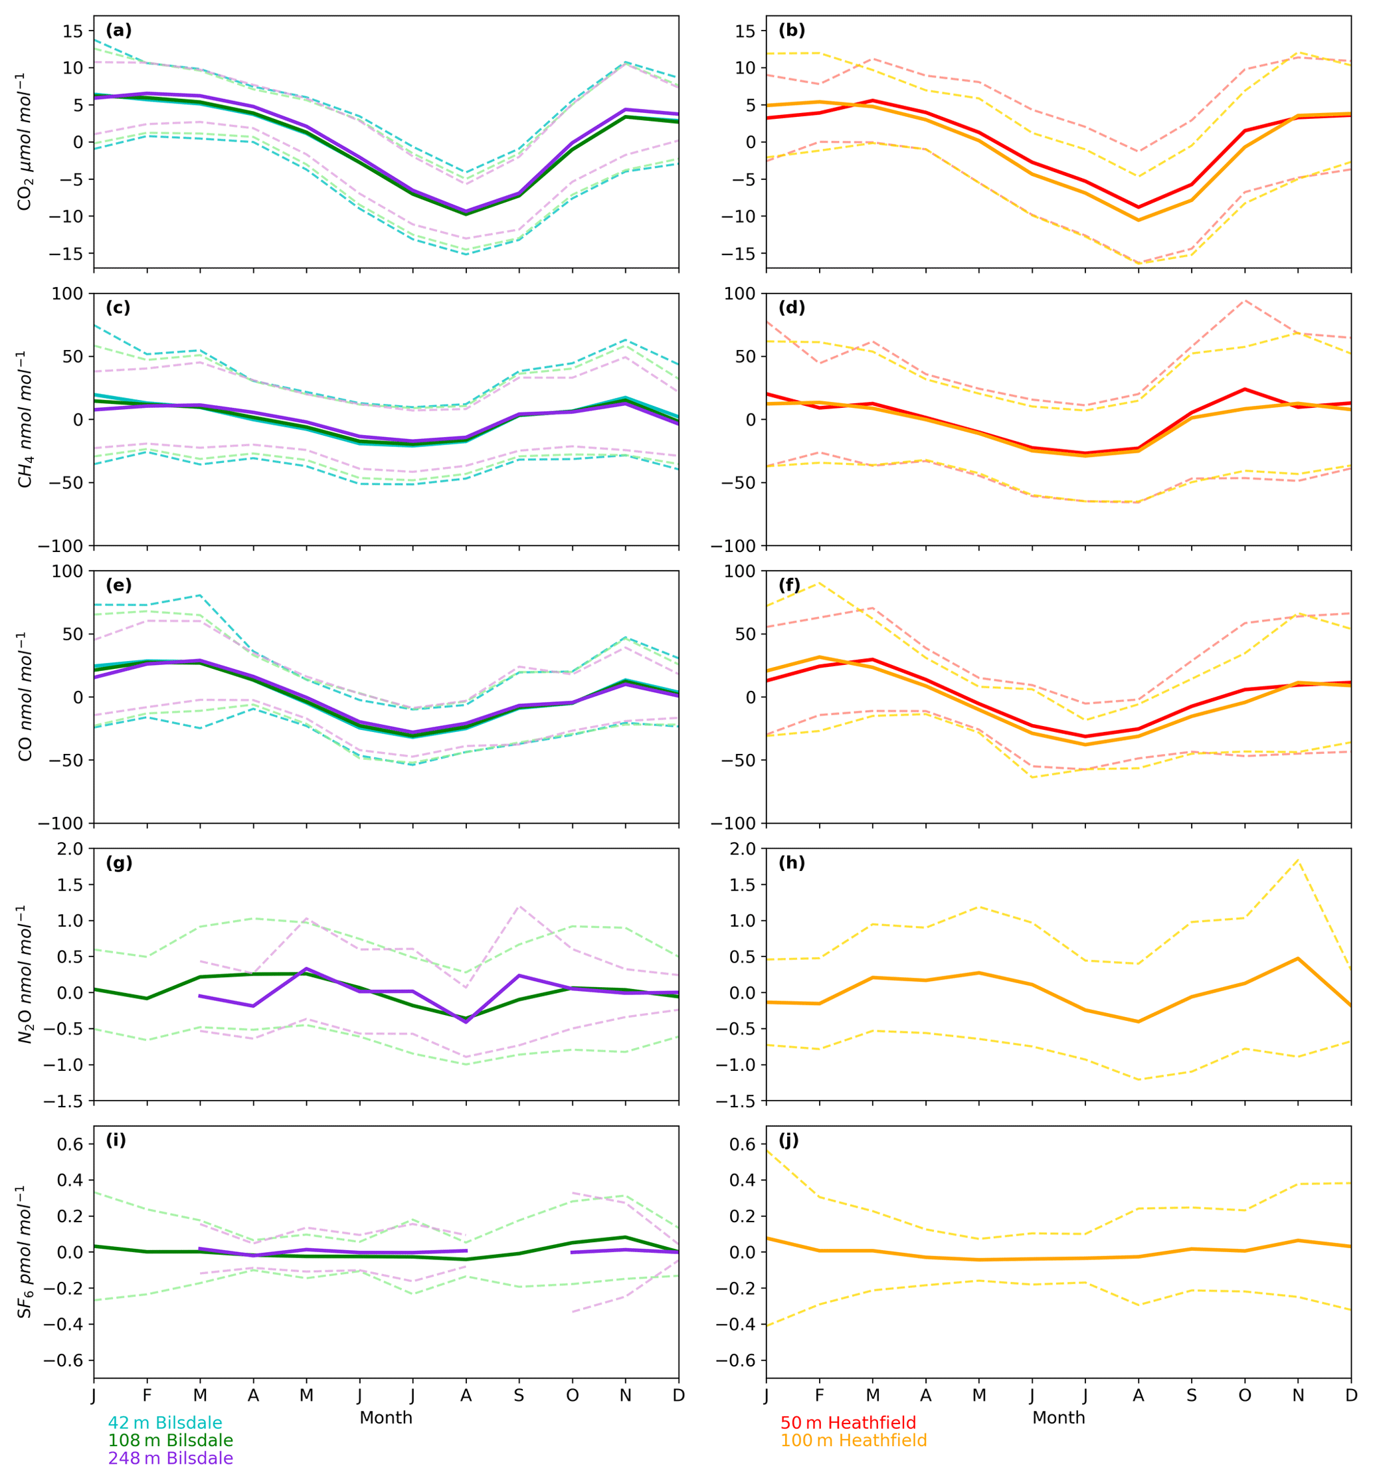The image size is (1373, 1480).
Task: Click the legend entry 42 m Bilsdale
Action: tap(165, 1422)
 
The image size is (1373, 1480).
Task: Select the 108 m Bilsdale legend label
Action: tap(170, 1440)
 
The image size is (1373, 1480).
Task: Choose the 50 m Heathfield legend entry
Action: tap(848, 1422)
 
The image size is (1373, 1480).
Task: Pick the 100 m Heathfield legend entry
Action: tap(853, 1440)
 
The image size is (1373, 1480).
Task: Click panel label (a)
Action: tap(119, 31)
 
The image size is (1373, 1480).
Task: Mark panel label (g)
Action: tap(119, 863)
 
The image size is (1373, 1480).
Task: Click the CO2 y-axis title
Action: tap(25, 141)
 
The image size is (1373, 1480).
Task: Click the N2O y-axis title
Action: tap(25, 974)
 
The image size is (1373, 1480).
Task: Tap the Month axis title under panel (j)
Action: tap(1058, 1418)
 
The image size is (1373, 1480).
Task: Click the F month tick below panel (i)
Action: tap(147, 1395)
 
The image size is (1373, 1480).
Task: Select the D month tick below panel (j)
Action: tap(1350, 1395)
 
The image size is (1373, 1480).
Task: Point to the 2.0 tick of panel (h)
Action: tap(744, 849)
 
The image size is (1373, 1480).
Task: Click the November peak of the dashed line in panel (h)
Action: tap(1297, 860)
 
